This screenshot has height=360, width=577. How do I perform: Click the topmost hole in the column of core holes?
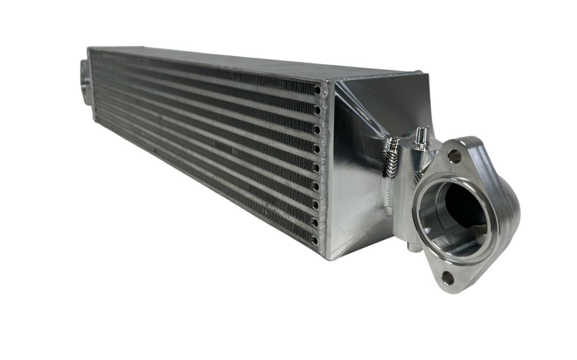(x=317, y=90)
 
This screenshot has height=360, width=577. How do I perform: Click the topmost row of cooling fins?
(x=202, y=72)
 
